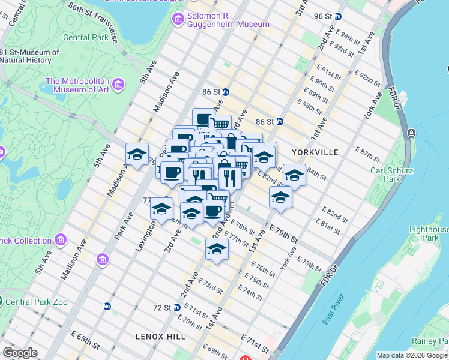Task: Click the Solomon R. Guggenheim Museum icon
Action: [x=177, y=20]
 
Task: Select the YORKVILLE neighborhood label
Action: [x=316, y=152]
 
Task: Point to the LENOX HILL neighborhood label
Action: [x=160, y=337]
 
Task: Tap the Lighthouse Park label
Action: [x=429, y=233]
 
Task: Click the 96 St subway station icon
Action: [x=338, y=17]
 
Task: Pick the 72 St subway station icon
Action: [x=176, y=307]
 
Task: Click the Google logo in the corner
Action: [x=20, y=353]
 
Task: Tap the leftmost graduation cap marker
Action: [x=137, y=154]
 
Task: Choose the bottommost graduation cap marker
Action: [x=217, y=249]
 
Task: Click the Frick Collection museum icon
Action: [x=59, y=241]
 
